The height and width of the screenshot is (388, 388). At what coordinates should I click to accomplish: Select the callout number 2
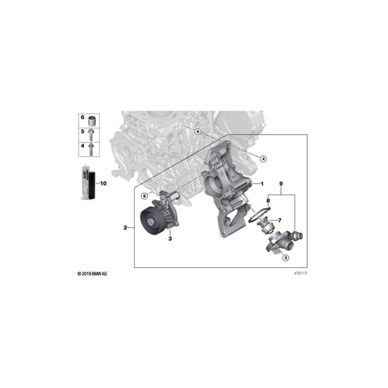point(125,229)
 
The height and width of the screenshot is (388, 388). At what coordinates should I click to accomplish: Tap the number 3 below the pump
point(170,238)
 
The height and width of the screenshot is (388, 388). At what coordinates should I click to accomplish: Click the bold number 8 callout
point(268,200)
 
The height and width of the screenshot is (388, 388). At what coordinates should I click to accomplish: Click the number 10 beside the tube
point(103,184)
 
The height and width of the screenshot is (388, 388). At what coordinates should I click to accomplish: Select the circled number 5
point(286,257)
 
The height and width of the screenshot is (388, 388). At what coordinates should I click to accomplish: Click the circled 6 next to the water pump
point(144,196)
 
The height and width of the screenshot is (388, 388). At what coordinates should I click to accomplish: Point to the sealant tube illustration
point(86,183)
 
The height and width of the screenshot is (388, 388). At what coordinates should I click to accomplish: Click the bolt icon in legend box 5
point(94,133)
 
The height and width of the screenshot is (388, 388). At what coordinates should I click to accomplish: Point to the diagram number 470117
point(299,274)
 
